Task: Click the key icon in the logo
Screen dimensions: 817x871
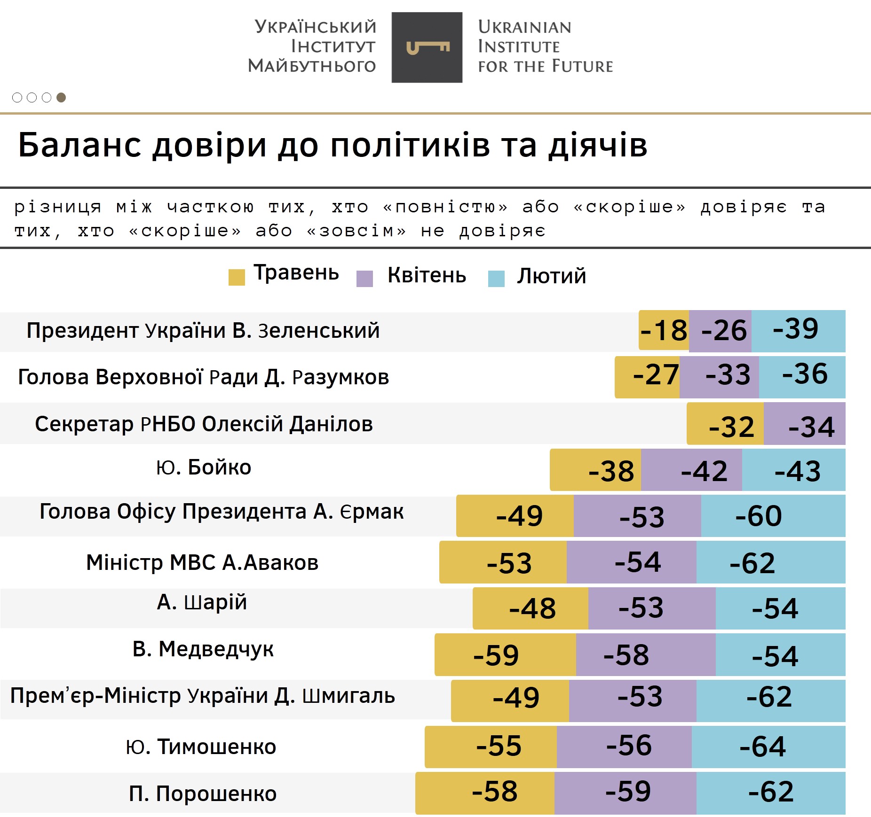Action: point(427,47)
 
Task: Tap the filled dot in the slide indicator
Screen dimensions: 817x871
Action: point(61,97)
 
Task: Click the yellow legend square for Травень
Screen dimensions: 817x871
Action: point(237,277)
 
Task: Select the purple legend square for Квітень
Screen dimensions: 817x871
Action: point(364,278)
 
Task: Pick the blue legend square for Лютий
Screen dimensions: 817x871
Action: point(496,278)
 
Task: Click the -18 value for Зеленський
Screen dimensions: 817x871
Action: point(664,330)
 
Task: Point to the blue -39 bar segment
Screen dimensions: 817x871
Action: point(798,330)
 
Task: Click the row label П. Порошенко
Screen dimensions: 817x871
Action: point(203,794)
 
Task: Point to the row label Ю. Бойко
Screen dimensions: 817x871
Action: point(204,467)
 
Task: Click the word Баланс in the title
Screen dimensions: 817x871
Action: point(79,145)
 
